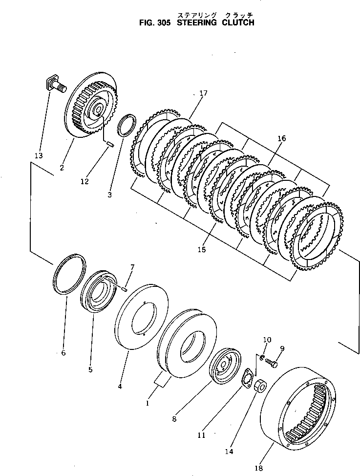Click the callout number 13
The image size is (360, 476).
(39, 156)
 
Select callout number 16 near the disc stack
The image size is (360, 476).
(281, 138)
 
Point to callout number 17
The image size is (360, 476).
(203, 92)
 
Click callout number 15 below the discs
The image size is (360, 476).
(201, 250)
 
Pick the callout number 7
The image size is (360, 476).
(132, 266)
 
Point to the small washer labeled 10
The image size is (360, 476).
(261, 360)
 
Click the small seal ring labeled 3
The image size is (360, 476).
(128, 124)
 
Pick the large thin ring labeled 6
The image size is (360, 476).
(69, 274)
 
